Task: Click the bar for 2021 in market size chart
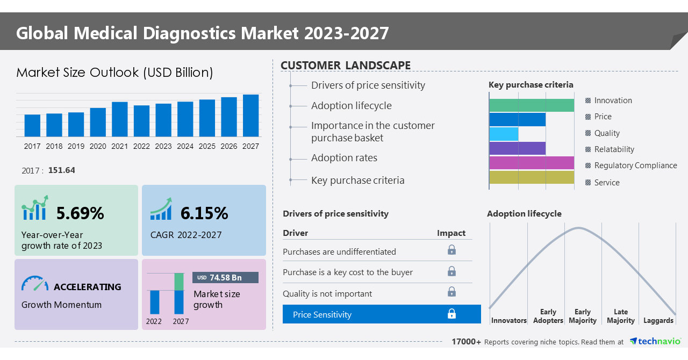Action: (120, 119)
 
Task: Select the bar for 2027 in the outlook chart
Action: (250, 116)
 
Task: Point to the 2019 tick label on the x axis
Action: (76, 146)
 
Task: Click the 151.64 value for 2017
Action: (62, 170)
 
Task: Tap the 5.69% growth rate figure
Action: (80, 213)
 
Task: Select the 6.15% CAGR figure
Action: (204, 213)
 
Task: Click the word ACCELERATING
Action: (88, 287)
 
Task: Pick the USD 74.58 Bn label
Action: (225, 277)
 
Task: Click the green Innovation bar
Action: (531, 105)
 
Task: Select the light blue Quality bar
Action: (504, 134)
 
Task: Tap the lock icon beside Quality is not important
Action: (452, 292)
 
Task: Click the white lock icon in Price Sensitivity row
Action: (452, 314)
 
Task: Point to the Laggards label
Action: (658, 321)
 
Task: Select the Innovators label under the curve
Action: (508, 321)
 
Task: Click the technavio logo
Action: (655, 341)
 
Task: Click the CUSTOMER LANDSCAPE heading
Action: (346, 66)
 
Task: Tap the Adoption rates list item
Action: (344, 158)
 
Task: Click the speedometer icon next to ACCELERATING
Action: (35, 284)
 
